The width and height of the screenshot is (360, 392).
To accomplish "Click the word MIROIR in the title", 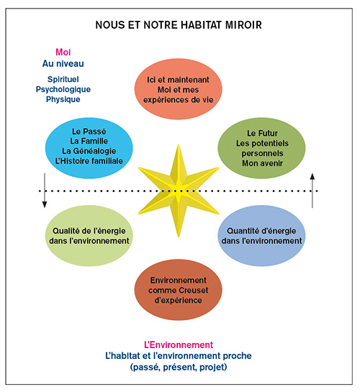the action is point(243,25).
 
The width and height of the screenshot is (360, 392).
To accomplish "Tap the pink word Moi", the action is point(63,52).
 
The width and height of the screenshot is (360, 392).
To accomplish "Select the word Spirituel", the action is point(63,79).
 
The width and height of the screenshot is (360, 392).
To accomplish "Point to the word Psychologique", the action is point(63,89).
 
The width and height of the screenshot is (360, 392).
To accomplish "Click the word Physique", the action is point(63,99).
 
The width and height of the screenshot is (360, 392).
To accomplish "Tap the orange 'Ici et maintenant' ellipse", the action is point(178,89).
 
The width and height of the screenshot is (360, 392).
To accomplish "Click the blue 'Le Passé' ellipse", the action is point(89,148).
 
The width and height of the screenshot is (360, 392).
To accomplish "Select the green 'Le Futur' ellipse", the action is point(261,148).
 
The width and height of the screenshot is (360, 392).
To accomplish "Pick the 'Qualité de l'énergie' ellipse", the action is point(89,236).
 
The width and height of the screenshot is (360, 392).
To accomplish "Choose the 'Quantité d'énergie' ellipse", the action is point(261,236).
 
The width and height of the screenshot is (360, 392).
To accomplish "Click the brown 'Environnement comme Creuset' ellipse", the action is point(178,290).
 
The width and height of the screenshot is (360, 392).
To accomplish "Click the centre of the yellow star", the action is point(179,191).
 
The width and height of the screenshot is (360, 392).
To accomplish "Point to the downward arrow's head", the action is point(45,204).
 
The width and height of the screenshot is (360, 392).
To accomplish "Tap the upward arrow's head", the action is point(312,176).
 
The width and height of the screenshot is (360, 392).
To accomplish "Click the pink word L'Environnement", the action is point(179,345).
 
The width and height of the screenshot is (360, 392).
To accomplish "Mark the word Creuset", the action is point(194,291).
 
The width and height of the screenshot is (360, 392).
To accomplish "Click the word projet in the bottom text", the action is point(213,368).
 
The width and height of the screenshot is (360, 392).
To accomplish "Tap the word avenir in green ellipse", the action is point(271,163).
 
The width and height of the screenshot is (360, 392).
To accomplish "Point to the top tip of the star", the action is point(179,145).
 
